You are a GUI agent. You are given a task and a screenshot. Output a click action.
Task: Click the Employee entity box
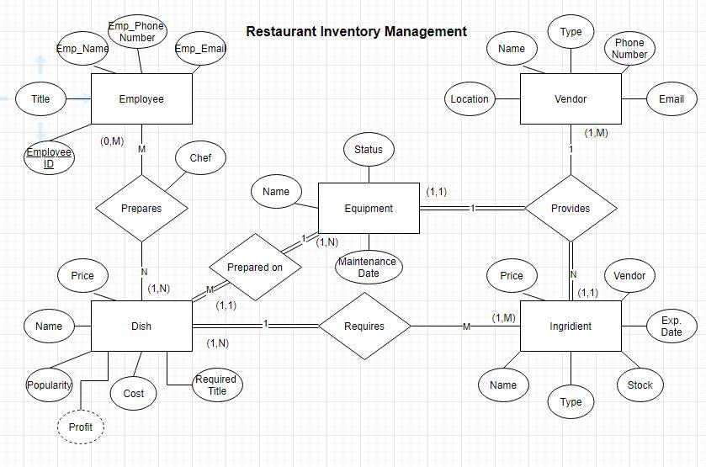point(141,99)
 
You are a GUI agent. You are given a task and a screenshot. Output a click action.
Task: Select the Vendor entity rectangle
point(571,99)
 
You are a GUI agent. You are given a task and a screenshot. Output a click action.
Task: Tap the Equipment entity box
point(368,208)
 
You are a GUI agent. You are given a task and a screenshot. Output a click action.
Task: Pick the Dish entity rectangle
point(141,326)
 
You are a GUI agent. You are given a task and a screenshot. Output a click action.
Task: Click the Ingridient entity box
point(571,326)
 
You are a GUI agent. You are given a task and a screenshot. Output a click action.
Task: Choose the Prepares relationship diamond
point(141,208)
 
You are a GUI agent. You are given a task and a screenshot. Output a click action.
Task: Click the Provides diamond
point(571,208)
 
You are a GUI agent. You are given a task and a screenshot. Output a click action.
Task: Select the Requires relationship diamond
point(364,326)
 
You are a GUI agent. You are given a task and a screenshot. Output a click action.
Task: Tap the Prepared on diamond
point(253,268)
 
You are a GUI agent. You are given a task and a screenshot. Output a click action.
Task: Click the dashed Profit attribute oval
point(81,427)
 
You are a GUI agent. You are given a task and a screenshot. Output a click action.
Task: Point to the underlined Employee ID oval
point(48,157)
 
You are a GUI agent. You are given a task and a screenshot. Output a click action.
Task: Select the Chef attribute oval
point(200,157)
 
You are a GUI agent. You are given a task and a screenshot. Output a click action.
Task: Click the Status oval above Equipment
point(368,150)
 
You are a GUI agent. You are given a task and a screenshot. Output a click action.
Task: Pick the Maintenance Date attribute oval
point(368,268)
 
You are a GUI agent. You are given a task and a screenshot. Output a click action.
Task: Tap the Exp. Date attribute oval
point(671,326)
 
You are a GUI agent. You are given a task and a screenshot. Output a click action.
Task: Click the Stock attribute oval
point(640,385)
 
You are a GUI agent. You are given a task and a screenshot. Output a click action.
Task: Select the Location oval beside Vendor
point(470,99)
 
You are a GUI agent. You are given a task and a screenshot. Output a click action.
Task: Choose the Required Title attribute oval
point(216,385)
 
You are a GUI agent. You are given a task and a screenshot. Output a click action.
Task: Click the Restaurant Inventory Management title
point(356,32)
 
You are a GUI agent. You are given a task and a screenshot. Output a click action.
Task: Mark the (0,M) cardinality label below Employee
point(112,141)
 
